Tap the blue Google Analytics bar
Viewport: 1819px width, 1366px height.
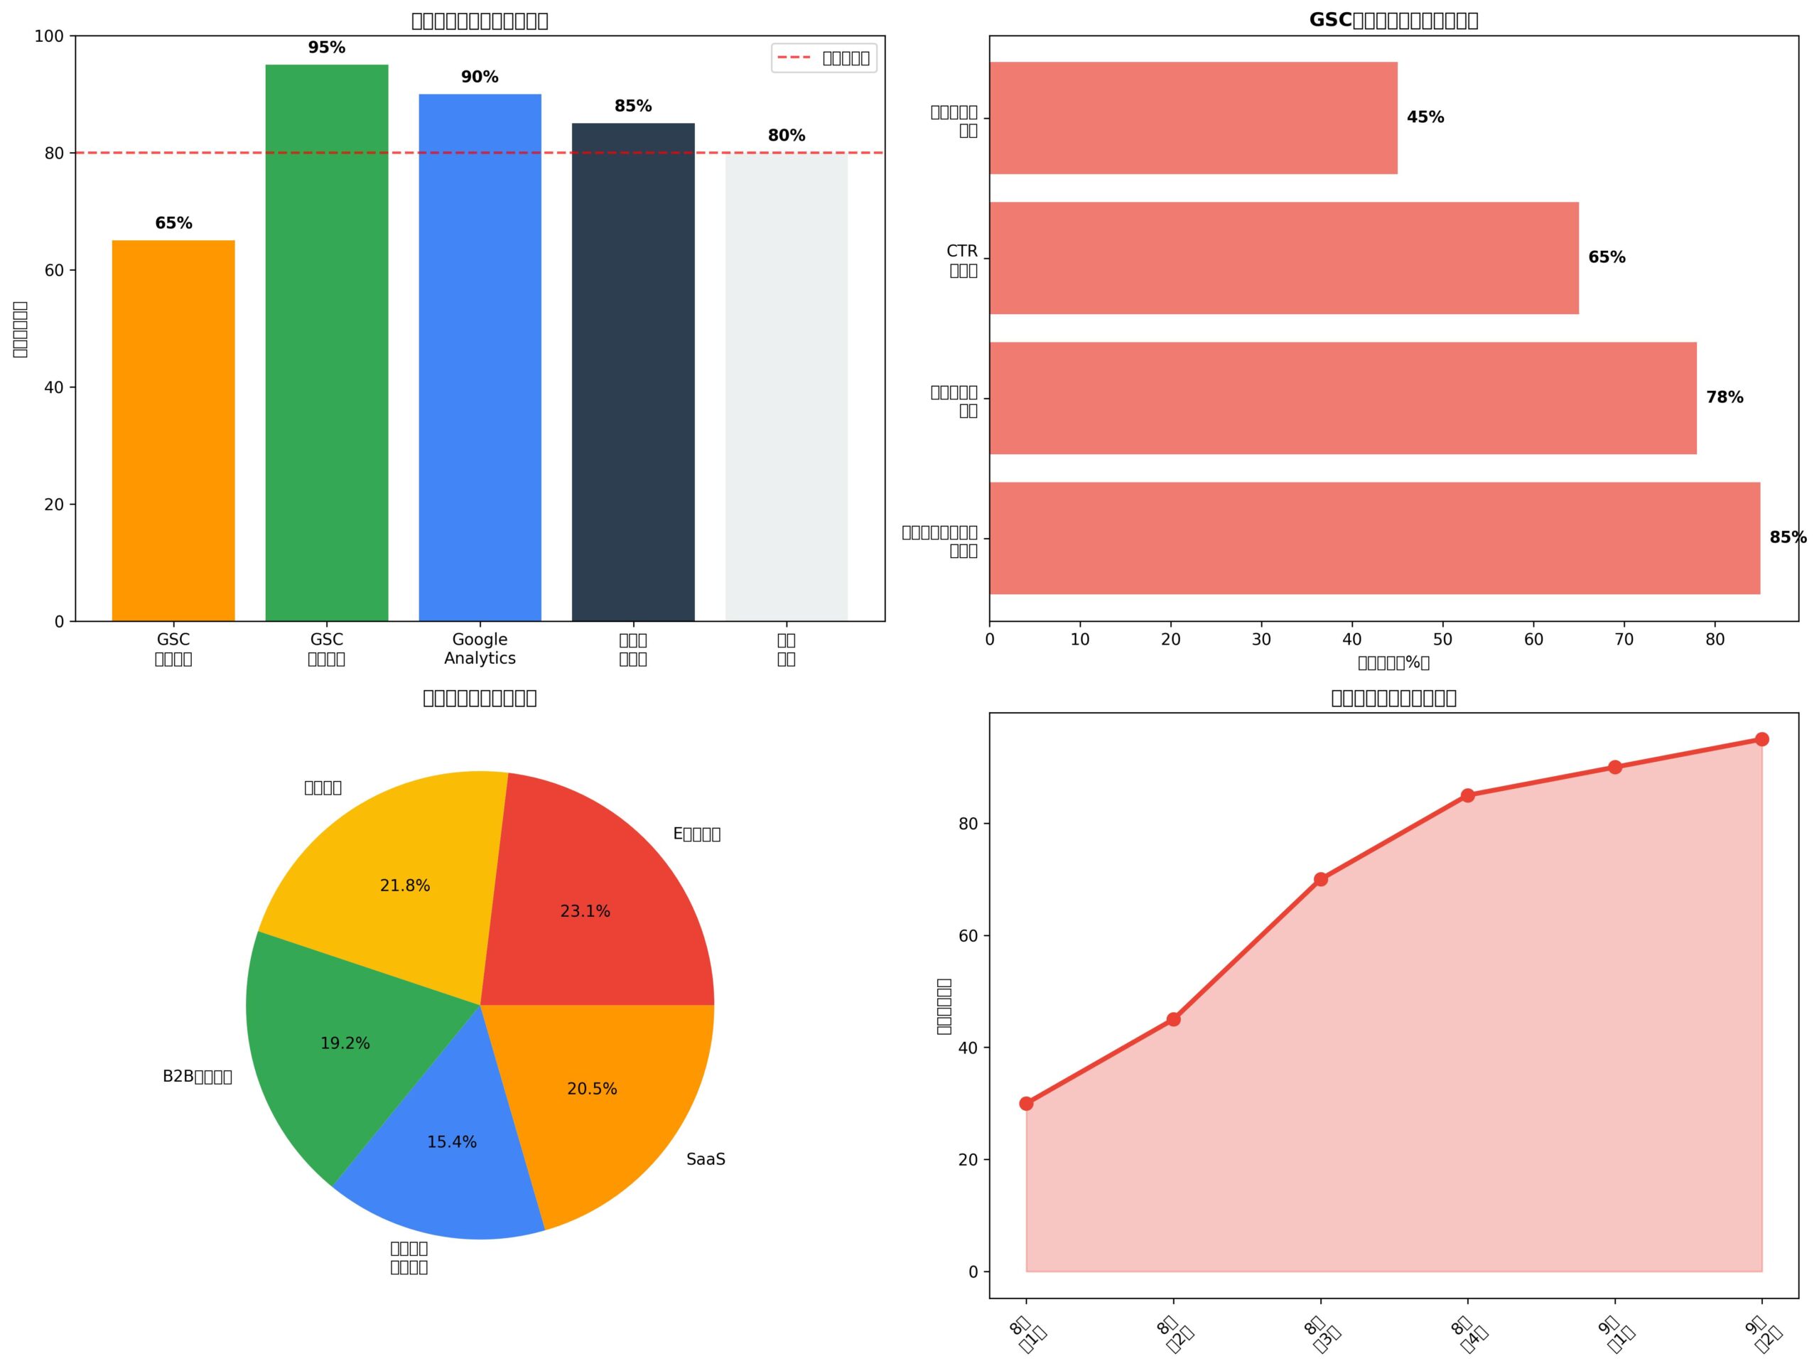[480, 357]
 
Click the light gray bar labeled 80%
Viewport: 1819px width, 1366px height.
[786, 387]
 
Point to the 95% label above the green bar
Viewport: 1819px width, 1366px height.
[326, 48]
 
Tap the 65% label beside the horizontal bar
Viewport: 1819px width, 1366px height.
[1607, 257]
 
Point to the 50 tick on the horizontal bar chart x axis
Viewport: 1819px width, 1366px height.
[1442, 640]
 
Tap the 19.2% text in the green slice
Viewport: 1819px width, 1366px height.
[345, 1043]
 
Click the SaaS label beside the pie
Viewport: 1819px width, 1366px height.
[706, 1160]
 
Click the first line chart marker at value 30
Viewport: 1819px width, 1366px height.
[1026, 1104]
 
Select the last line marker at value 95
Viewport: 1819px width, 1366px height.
[1761, 739]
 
